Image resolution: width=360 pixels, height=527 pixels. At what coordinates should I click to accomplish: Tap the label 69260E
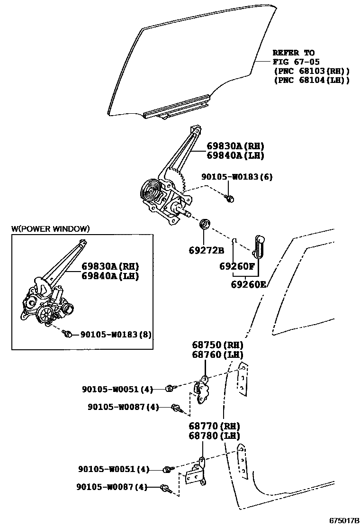point(249,284)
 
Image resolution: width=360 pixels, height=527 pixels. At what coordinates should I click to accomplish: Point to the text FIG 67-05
point(296,62)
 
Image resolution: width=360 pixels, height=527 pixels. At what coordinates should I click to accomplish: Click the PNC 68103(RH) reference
point(312,71)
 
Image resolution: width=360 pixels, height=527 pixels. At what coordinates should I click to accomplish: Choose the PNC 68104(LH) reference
point(312,80)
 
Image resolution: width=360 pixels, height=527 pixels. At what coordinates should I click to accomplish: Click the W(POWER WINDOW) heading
point(50,229)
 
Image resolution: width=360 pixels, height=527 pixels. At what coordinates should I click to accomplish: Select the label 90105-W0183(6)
point(237,177)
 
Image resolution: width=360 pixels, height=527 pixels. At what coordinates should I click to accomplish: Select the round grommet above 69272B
point(205,224)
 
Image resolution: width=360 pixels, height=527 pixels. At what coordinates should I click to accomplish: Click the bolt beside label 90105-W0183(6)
point(230,199)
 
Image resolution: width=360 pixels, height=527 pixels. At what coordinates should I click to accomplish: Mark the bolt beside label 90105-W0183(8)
point(68,335)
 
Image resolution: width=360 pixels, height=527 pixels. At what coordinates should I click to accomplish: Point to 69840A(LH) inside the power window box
point(110,276)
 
